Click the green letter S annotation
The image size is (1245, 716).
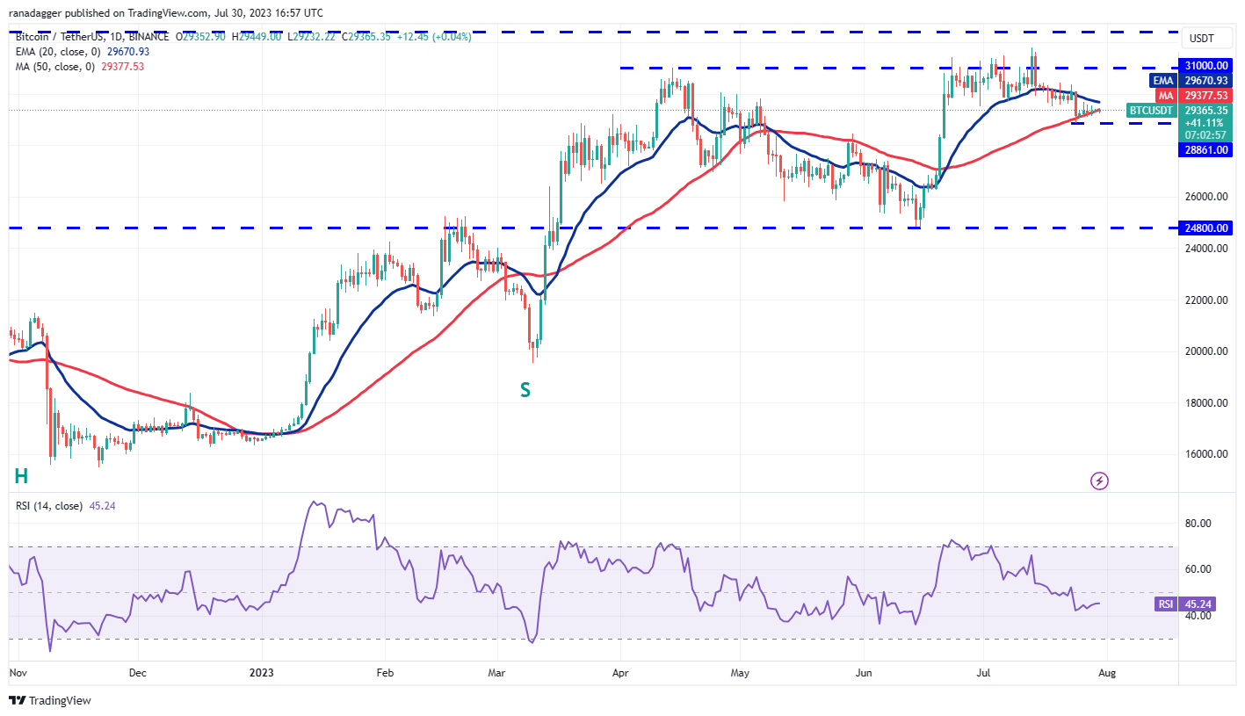tap(525, 389)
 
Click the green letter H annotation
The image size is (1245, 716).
tap(21, 476)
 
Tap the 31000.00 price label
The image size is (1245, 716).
tap(1205, 66)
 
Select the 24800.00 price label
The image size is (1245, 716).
tap(1205, 228)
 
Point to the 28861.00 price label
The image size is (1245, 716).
tap(1205, 150)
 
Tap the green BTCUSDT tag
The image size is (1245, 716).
tap(1150, 111)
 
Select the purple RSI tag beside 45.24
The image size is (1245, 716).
tap(1164, 604)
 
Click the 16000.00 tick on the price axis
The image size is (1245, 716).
tap(1205, 454)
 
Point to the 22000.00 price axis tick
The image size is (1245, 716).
tap(1205, 300)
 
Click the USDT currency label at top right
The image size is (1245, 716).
tap(1201, 38)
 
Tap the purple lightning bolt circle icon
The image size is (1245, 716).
tap(1099, 481)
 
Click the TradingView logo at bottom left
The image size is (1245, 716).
tap(50, 700)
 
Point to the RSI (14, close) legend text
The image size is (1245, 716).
tap(49, 506)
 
